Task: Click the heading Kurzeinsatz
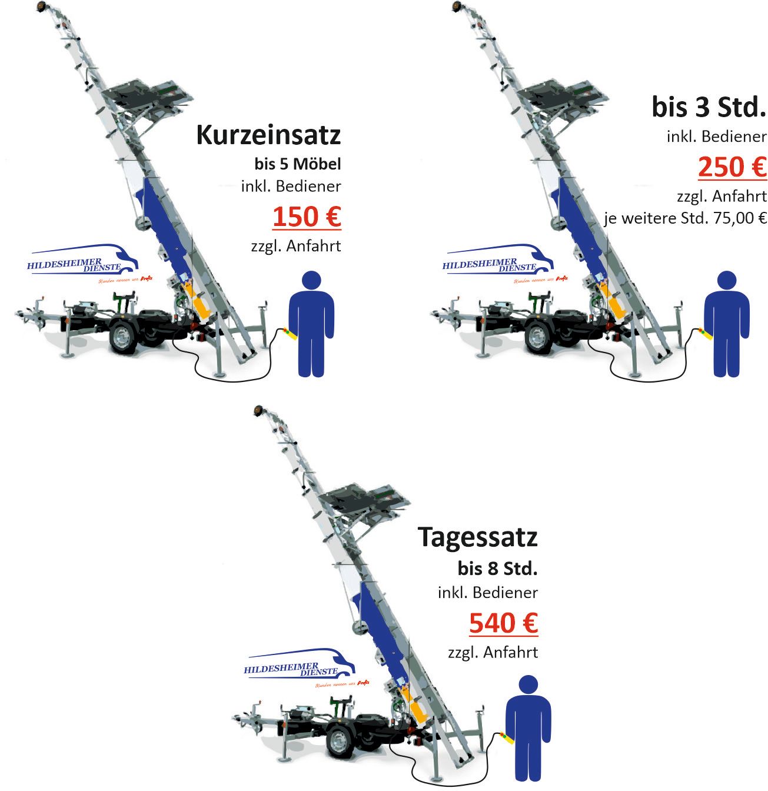268,135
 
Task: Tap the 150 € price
307,217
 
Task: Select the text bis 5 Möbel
298,164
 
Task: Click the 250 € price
732,167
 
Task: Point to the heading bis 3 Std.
709,107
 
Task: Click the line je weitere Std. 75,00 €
686,218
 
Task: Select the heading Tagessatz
477,537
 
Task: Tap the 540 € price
503,623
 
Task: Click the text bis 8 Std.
497,569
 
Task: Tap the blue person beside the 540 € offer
528,728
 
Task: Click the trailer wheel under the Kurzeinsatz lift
123,337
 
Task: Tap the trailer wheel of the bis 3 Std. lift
538,337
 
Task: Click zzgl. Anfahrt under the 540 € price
493,653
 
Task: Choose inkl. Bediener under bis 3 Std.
716,137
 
